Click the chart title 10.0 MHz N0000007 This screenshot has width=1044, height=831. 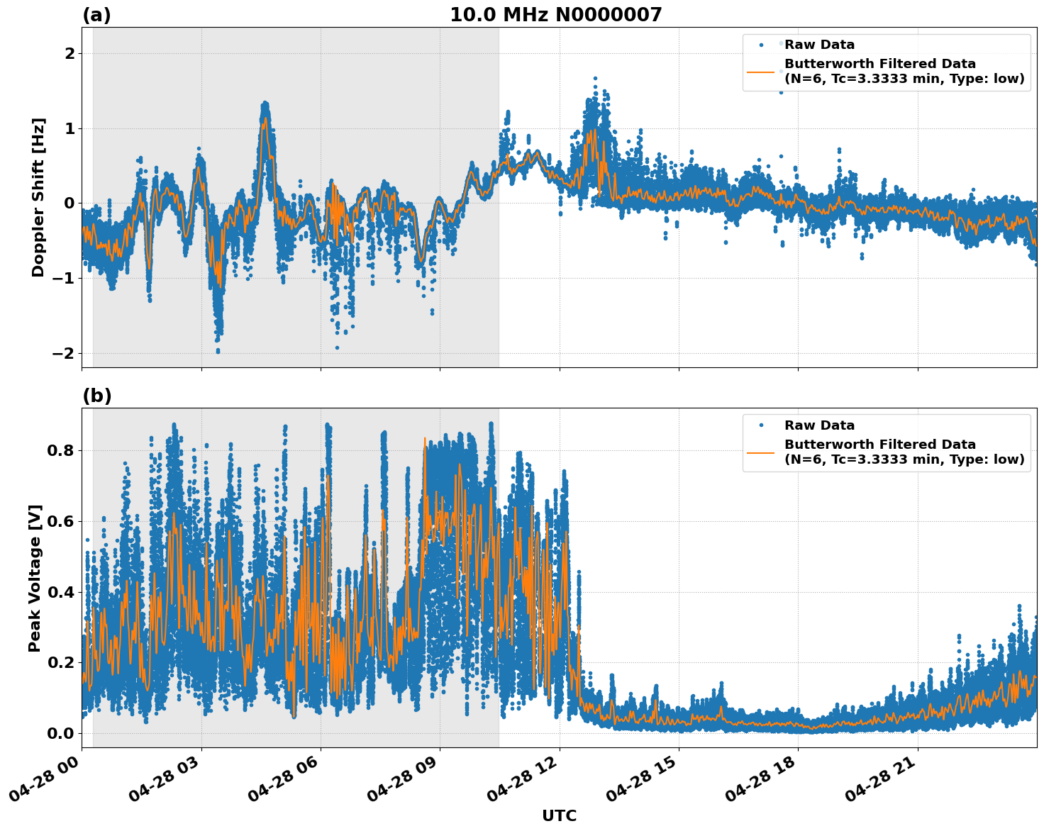pos(555,15)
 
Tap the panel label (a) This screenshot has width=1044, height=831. pos(96,15)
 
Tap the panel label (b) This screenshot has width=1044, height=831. pos(96,396)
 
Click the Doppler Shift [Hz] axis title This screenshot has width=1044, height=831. pos(38,197)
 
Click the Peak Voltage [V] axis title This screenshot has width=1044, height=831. pos(35,578)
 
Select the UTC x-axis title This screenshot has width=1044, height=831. pos(559,815)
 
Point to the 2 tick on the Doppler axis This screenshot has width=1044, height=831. pos(69,54)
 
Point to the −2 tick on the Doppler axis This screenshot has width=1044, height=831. pos(64,353)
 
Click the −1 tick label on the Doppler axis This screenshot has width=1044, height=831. pos(64,279)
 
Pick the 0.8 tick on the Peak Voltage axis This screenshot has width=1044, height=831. pos(60,451)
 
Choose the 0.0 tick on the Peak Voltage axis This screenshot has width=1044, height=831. pos(60,733)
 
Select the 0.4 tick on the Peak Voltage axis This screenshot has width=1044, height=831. pos(60,592)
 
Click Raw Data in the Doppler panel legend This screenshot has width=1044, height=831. pos(819,45)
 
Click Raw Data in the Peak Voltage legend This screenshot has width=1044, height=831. pos(819,425)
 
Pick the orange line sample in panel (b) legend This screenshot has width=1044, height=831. pos(760,452)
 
